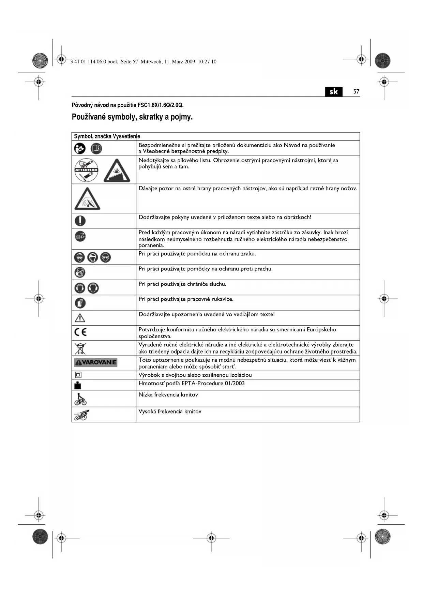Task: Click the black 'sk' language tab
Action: coord(334,92)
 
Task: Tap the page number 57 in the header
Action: coord(356,92)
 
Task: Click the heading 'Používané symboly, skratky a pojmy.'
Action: coord(132,117)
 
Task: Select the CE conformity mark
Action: coord(80,332)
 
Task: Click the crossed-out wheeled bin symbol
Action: coord(80,348)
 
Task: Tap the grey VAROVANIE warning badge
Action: coord(95,362)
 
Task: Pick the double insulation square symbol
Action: coord(78,375)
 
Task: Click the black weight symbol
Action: coord(78,385)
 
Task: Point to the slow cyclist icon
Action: coord(80,399)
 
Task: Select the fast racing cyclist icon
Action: coord(81,415)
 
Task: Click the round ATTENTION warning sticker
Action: coord(87,170)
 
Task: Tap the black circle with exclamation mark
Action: coord(80,221)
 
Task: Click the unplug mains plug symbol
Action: coord(80,236)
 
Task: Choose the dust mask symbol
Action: coord(80,272)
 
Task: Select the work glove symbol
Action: coord(80,303)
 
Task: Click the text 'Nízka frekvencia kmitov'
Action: coord(168,395)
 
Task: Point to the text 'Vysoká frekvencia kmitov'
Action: coord(170,412)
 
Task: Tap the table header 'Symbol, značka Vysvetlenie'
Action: coord(107,136)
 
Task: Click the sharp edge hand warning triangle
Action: coord(87,199)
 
